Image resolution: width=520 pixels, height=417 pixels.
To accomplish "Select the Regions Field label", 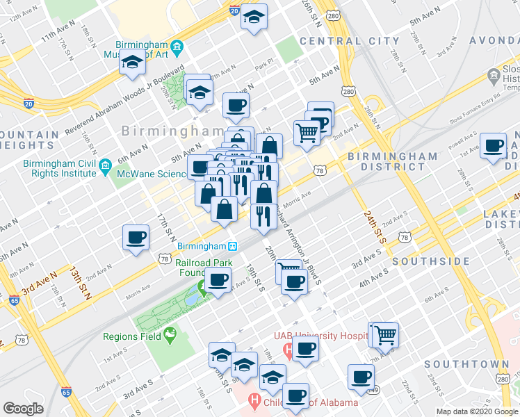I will click(x=131, y=336).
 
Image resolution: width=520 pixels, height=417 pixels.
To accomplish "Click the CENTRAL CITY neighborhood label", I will click(x=341, y=41).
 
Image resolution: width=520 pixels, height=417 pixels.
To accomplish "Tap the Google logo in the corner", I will click(x=23, y=409).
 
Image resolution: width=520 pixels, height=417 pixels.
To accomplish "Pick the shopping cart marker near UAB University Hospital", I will click(x=384, y=334).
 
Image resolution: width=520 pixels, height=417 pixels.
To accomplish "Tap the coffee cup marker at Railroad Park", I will click(x=219, y=280).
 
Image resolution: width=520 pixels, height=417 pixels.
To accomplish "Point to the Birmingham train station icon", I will click(x=234, y=246).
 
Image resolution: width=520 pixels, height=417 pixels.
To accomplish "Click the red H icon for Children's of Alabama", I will click(x=254, y=401).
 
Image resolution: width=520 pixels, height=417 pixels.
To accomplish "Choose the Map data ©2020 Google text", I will click(x=476, y=411).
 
